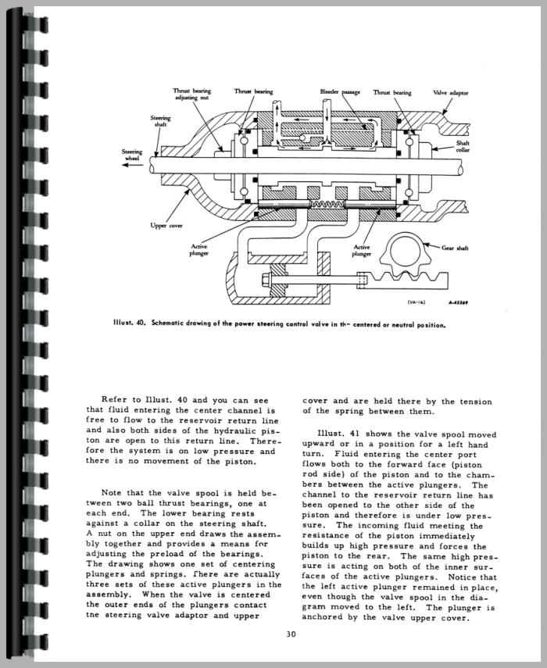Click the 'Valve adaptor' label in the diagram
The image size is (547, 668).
[x=450, y=92]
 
